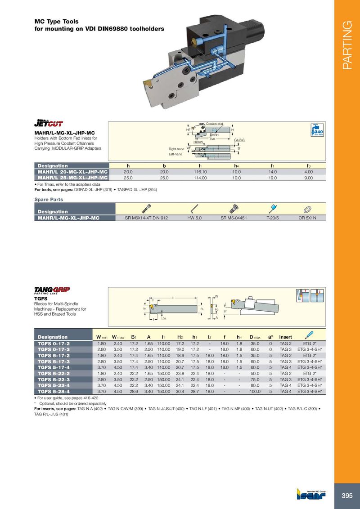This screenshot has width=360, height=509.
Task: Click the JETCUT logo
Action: pyautogui.click(x=49, y=123)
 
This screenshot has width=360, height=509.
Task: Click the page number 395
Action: pyautogui.click(x=347, y=496)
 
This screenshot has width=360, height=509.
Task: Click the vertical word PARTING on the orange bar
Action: pyautogui.click(x=346, y=45)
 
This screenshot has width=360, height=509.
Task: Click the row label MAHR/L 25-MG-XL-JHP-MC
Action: pyautogui.click(x=72, y=178)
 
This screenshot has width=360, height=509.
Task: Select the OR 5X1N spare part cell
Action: pyautogui.click(x=308, y=218)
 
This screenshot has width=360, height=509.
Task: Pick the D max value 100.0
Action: pyautogui.click(x=255, y=391)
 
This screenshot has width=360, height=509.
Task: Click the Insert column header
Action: pyautogui.click(x=285, y=337)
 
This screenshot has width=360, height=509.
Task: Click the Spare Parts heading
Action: pyautogui.click(x=49, y=199)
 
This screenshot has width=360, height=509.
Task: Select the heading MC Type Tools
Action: pyautogui.click(x=57, y=21)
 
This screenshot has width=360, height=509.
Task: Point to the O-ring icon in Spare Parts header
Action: pyautogui.click(x=308, y=209)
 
